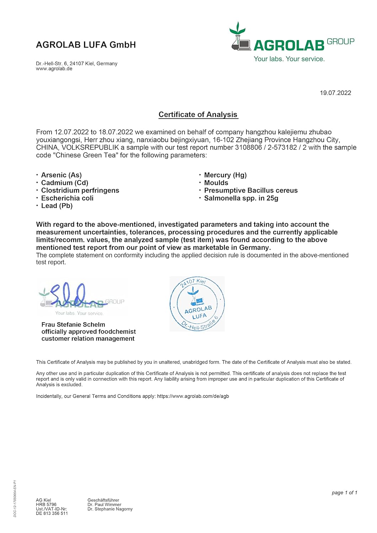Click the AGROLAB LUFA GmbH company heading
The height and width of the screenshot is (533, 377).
[x=86, y=45]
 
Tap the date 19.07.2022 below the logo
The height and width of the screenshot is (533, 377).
[x=335, y=93]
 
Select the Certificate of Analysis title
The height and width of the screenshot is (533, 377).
[x=198, y=114]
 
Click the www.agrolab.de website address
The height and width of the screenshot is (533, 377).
[x=54, y=69]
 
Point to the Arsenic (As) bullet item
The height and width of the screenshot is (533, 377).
[x=61, y=175]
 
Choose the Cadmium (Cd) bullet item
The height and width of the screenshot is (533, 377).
[x=64, y=183]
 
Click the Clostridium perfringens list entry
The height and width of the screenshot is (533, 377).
[x=80, y=190]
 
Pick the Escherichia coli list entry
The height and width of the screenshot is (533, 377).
[x=67, y=198]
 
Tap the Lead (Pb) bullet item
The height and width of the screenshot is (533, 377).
[x=57, y=206]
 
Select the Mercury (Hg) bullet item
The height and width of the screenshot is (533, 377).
[x=225, y=175]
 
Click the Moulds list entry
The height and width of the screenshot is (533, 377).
[x=216, y=183]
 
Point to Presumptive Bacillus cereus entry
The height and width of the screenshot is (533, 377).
[x=251, y=190]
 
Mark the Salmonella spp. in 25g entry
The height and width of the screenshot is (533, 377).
[x=241, y=198]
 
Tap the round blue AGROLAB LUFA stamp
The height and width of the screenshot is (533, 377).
[x=197, y=304]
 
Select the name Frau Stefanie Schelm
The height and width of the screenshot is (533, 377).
[x=73, y=324]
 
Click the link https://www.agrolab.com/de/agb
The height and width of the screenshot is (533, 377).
[x=193, y=396]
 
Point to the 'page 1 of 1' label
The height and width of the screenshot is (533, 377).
[x=344, y=492]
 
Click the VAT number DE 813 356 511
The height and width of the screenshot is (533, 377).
[x=52, y=513]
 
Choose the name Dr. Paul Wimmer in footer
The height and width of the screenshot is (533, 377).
[x=104, y=505]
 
